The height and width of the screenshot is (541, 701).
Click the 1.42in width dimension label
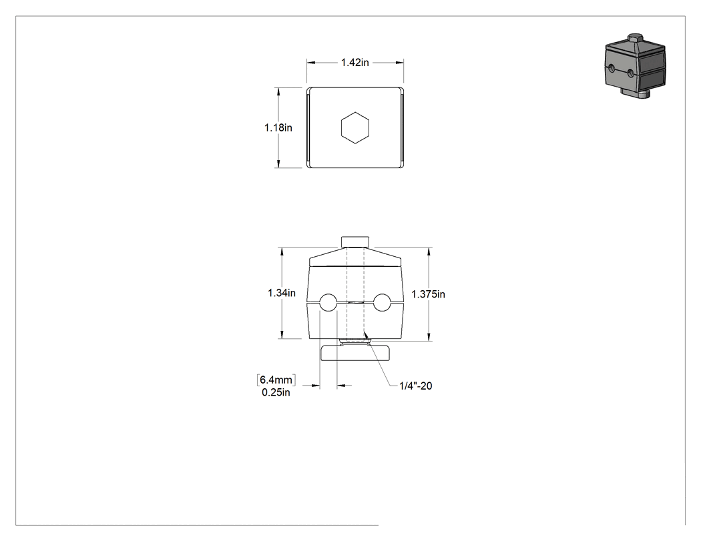[x=355, y=63]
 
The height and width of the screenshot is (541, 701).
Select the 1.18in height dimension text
[x=278, y=128]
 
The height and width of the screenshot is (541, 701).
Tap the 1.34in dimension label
[x=282, y=293]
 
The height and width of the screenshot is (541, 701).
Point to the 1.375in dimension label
[x=429, y=294]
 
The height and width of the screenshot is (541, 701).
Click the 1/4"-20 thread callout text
[x=416, y=386]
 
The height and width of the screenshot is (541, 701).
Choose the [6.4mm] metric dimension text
[x=276, y=380]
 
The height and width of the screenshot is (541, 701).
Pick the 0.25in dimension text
[x=276, y=393]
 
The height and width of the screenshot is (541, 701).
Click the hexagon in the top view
[x=355, y=128]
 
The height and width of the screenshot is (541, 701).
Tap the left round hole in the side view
[x=328, y=302]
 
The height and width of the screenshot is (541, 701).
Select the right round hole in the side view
[x=383, y=302]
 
